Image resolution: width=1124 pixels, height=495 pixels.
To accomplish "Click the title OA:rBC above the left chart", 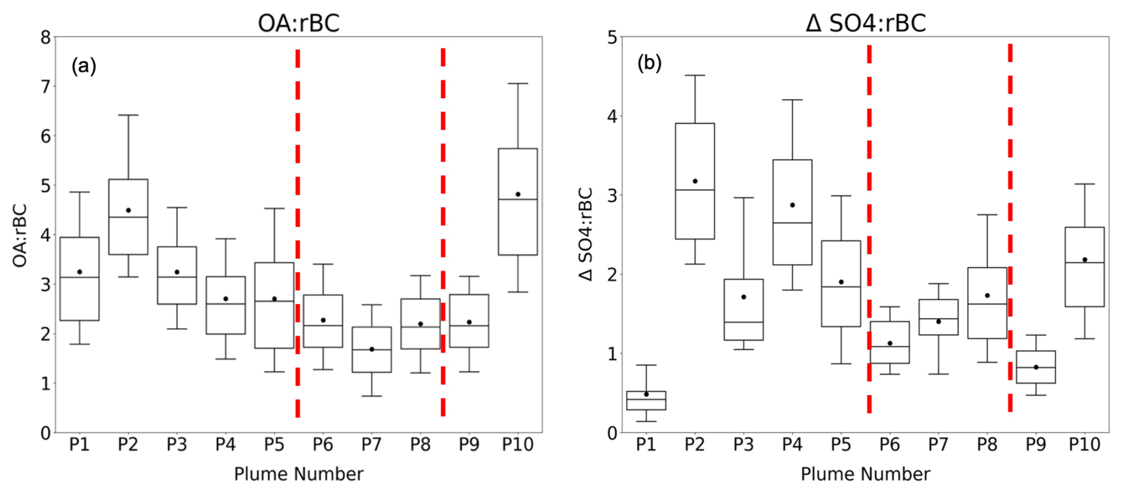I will click(x=298, y=24).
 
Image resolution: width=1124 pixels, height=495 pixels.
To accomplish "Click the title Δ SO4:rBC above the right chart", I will click(x=865, y=24).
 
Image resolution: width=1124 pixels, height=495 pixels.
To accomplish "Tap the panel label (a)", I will click(x=84, y=65).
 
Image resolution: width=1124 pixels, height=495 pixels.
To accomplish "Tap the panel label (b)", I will click(x=649, y=63).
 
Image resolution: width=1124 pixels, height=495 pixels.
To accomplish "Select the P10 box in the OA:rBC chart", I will click(x=517, y=226).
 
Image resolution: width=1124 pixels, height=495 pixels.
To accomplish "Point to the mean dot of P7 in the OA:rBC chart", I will click(x=372, y=349).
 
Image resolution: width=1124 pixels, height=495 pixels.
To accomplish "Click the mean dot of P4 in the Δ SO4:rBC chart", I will click(x=792, y=205).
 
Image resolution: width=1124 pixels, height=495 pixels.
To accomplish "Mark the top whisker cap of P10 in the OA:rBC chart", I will click(x=517, y=84).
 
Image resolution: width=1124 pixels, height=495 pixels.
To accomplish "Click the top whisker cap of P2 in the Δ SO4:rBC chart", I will click(x=694, y=75).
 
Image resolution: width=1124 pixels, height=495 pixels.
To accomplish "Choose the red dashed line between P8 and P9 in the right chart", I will click(x=1010, y=226).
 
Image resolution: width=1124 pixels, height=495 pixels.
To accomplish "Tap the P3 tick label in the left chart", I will click(x=176, y=445).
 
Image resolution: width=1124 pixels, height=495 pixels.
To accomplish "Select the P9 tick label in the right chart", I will click(x=1035, y=445).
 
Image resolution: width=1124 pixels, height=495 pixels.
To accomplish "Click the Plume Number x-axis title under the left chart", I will click(x=298, y=474).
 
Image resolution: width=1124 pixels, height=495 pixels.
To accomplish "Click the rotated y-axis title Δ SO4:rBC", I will click(x=586, y=234).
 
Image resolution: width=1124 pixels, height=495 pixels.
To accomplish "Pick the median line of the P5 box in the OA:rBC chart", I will click(x=274, y=301).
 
